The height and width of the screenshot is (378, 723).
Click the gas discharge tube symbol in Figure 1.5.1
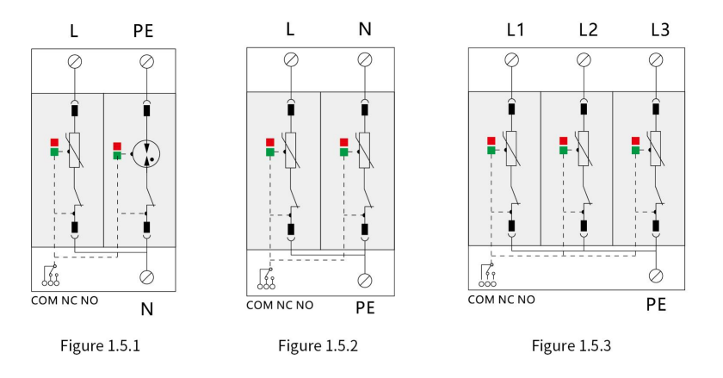click(x=146, y=154)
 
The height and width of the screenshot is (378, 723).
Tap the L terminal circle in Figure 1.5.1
click(x=75, y=61)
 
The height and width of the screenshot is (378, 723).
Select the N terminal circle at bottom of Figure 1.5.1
click(x=146, y=277)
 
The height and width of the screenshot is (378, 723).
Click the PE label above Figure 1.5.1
click(x=143, y=31)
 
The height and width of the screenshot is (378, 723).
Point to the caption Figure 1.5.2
click(x=318, y=345)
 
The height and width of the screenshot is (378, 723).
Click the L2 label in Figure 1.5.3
click(x=589, y=30)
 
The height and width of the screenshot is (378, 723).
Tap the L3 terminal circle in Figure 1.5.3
click(x=656, y=59)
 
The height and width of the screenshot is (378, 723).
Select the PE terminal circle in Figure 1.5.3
click(x=656, y=276)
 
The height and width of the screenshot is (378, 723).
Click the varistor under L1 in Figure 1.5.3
click(x=511, y=149)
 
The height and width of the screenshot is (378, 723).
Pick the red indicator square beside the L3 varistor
click(x=635, y=140)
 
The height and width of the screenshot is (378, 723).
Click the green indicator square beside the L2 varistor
click(x=564, y=150)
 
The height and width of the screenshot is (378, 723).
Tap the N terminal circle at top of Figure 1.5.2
click(x=365, y=59)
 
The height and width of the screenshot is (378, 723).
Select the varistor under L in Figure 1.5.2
click(x=291, y=151)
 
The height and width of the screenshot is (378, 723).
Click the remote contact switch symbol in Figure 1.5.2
click(x=267, y=279)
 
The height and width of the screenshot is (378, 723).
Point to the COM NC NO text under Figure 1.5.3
click(x=501, y=300)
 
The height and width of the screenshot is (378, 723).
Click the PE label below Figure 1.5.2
click(x=365, y=308)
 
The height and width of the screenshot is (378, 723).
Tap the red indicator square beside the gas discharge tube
click(x=117, y=146)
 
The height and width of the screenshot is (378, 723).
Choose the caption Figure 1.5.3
click(x=572, y=345)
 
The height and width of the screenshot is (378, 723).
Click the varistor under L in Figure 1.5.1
click(x=75, y=151)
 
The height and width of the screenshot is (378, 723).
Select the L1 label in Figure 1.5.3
click(x=516, y=30)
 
